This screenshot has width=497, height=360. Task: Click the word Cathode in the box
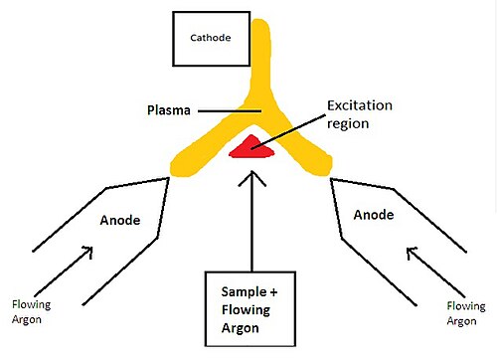[x=211, y=38]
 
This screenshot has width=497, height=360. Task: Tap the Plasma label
[x=169, y=110]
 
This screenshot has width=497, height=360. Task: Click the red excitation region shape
[x=251, y=146]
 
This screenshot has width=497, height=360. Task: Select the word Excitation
[x=360, y=105]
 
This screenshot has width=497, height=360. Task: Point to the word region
[x=348, y=124]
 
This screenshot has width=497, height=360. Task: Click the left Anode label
[x=120, y=220]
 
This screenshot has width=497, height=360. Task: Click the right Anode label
[x=374, y=215]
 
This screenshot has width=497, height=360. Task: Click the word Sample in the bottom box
[x=244, y=291]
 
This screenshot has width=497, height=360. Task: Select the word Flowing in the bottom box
[x=246, y=310]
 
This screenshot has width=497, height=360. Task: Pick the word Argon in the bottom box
[x=241, y=328]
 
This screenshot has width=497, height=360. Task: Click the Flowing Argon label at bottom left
[x=31, y=312]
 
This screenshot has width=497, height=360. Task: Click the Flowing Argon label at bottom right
[x=466, y=313]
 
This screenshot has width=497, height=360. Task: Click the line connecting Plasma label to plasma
[x=230, y=111]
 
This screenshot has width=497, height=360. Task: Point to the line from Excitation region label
[x=288, y=132]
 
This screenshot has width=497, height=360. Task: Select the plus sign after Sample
[x=273, y=292]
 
